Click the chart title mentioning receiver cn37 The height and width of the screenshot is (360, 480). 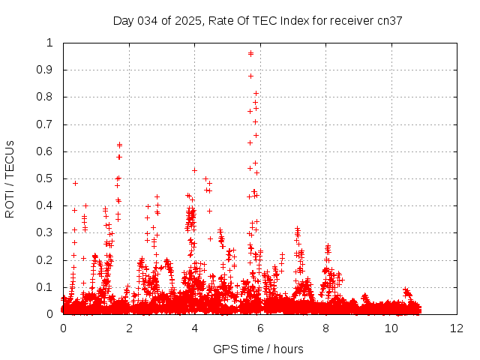[x=258, y=21]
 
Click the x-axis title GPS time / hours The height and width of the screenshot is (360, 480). [x=258, y=349]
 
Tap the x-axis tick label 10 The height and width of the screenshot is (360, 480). [x=391, y=328]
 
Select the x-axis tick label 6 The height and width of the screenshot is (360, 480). [x=259, y=328]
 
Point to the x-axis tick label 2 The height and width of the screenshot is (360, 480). [x=128, y=328]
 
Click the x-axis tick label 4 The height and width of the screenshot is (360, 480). [x=194, y=328]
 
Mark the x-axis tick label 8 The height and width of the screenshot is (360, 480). [x=325, y=328]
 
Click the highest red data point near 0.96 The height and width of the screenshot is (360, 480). [x=250, y=53]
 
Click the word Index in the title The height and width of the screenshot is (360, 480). [x=295, y=21]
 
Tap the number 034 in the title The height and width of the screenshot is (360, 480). [x=147, y=21]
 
